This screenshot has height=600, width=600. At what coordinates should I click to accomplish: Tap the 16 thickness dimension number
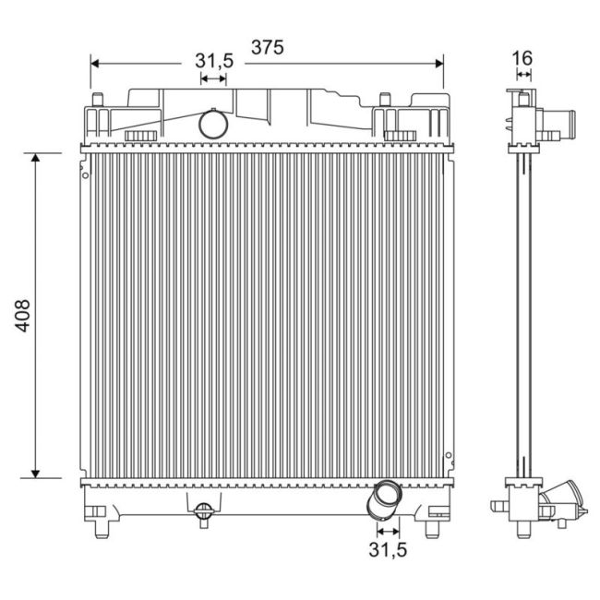(x=522, y=57)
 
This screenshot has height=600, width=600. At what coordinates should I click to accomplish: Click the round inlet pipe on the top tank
(x=213, y=123)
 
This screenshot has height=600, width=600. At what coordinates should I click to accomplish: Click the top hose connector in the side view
(x=559, y=122)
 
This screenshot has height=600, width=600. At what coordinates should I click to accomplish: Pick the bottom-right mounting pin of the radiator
(x=431, y=528)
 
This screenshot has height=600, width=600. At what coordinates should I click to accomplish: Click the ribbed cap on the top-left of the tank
(x=140, y=137)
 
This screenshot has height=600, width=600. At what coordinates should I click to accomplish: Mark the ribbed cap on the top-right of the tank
(x=400, y=137)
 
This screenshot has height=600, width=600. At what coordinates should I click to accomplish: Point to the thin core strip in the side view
(x=523, y=314)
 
